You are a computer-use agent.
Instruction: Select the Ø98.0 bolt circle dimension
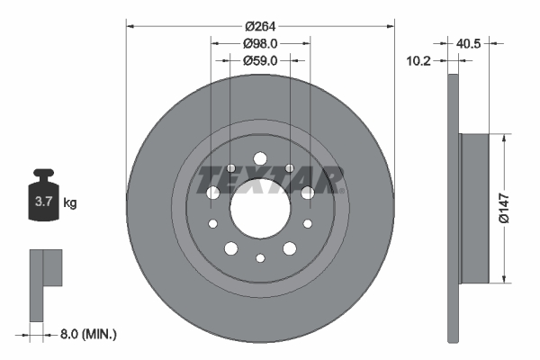point(259,43)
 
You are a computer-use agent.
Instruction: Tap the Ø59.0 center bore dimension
point(259,60)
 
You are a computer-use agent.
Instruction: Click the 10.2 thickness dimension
point(419,61)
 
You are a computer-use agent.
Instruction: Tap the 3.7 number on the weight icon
point(42,202)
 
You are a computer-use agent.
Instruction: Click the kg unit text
point(69,203)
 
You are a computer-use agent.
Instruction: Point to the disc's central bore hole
point(259,209)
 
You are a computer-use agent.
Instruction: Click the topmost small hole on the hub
point(259,155)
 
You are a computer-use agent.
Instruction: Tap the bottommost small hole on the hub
point(259,259)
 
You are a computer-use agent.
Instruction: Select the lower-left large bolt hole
point(230,248)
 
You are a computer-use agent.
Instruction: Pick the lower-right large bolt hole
point(290,248)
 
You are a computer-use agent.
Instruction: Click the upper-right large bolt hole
point(308,192)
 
